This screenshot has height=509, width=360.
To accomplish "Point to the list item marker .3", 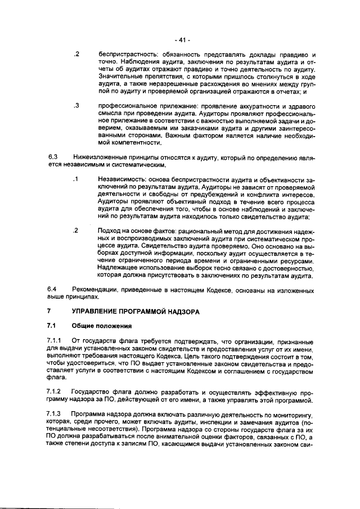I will click(75, 106).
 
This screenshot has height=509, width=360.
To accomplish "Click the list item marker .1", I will click(75, 179).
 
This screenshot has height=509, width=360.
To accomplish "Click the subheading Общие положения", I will click(101, 326).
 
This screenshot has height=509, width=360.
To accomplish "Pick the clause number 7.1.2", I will click(56, 391).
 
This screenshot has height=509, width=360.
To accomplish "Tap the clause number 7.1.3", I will click(56, 414).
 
